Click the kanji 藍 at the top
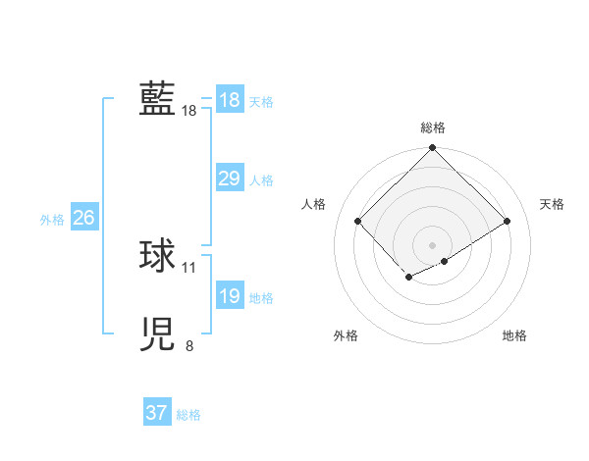click(x=157, y=99)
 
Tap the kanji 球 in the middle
click(x=157, y=256)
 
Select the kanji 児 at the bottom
click(x=157, y=334)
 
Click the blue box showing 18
click(x=230, y=100)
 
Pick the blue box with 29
click(x=230, y=179)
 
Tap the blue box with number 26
click(x=83, y=218)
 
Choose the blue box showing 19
click(x=230, y=296)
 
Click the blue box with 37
click(x=157, y=413)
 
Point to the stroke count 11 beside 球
click(x=189, y=267)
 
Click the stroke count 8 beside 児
click(x=189, y=345)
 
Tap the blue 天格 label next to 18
click(x=261, y=101)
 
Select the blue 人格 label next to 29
click(x=261, y=180)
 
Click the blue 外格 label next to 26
click(x=52, y=220)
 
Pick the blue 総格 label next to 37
click(x=188, y=415)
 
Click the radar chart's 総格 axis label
click(x=433, y=128)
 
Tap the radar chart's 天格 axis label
click(x=552, y=204)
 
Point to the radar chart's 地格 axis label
click(x=514, y=335)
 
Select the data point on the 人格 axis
click(x=358, y=221)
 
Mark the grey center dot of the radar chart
click(x=433, y=244)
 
